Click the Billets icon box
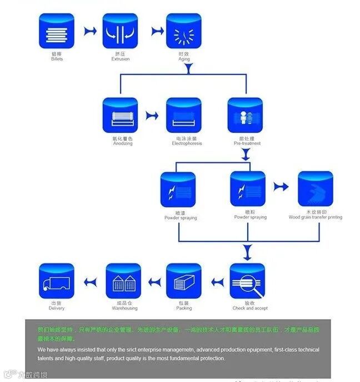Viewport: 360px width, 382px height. [56, 31]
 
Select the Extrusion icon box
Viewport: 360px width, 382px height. [120, 31]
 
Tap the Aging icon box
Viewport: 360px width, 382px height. [184, 31]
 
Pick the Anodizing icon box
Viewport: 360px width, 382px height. [120, 115]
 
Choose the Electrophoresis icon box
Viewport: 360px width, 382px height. [184, 115]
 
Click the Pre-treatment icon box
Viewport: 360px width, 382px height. [246, 115]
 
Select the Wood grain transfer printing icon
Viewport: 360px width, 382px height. [315, 189]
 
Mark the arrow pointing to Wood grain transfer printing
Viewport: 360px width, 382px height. [281, 187]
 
